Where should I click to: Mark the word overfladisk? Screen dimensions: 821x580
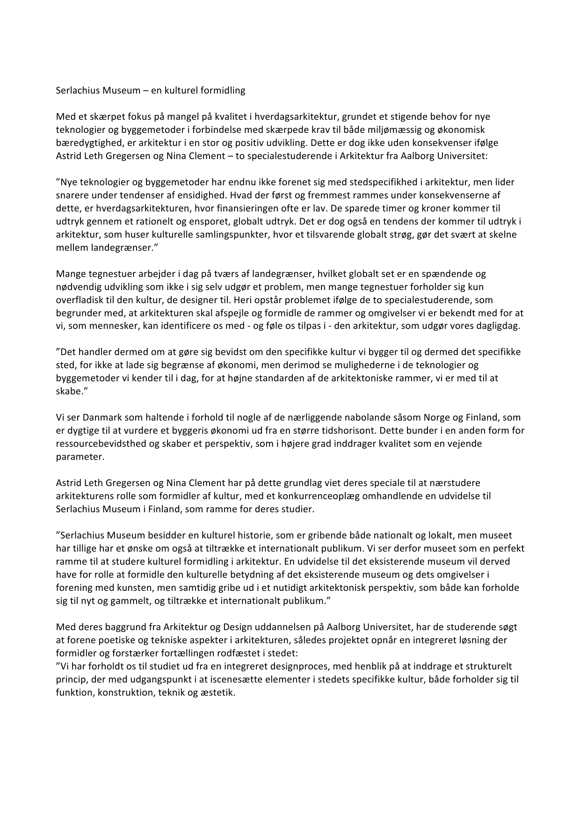point(77,300)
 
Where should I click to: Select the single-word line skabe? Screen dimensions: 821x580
point(68,391)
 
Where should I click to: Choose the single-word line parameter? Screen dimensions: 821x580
point(80,457)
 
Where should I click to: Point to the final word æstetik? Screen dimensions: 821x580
point(218,692)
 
